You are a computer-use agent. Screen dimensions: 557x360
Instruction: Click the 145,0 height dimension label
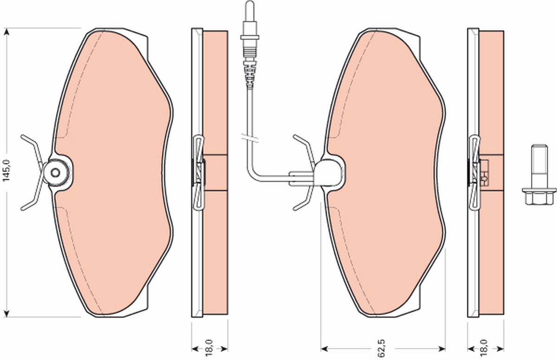click(x=6, y=170)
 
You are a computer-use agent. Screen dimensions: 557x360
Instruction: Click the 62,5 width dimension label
click(x=382, y=349)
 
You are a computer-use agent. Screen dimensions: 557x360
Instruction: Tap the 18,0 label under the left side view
click(x=209, y=349)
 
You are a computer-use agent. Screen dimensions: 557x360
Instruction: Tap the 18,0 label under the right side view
click(x=485, y=349)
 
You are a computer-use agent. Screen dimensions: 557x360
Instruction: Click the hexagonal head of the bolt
click(x=539, y=196)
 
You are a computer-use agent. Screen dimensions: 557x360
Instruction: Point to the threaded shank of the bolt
click(x=539, y=167)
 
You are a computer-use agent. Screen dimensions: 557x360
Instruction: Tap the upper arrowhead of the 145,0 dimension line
click(x=6, y=32)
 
